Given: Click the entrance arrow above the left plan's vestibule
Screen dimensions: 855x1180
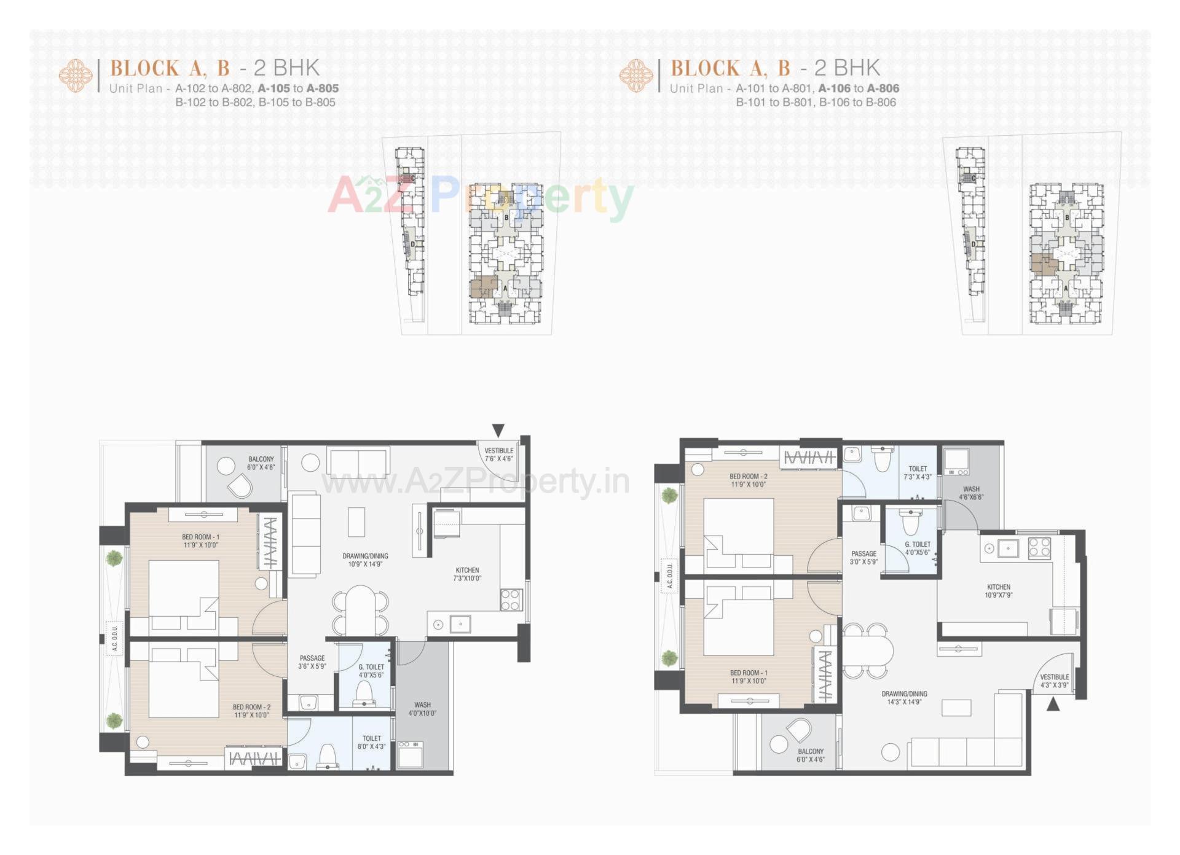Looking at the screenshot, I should coord(498,431).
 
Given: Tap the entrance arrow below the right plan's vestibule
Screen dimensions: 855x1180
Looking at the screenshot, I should coord(1053,704).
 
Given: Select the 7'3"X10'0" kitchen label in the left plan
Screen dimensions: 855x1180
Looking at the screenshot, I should coord(467,574).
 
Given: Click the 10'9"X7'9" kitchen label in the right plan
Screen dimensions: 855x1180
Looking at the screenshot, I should coord(999,591).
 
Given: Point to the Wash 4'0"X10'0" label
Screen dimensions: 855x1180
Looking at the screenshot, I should coord(422,709).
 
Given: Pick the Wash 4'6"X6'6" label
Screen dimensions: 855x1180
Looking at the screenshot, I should coord(971,493).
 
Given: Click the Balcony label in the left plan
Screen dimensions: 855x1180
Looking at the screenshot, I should coord(261,463).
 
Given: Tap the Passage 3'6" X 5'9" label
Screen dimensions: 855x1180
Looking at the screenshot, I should coord(312,662).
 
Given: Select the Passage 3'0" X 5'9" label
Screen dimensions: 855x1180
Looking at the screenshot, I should coord(863,558).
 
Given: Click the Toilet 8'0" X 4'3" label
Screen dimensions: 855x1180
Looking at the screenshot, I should coord(371,743).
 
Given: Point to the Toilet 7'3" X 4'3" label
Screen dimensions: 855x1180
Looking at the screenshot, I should coord(918,472).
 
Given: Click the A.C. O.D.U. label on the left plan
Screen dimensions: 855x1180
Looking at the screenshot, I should coord(115,639).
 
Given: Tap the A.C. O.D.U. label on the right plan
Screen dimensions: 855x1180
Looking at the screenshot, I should coord(670,576).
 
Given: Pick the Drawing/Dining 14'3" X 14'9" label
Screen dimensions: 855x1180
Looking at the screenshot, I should coord(904,698).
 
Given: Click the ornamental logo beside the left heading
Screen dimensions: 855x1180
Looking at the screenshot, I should coord(76,76).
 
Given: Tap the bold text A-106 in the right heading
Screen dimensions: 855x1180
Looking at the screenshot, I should coord(834,88).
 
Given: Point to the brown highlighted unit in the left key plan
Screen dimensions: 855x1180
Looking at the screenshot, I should coord(483,287).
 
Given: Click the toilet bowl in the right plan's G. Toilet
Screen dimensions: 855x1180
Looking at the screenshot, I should coord(910,524).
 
